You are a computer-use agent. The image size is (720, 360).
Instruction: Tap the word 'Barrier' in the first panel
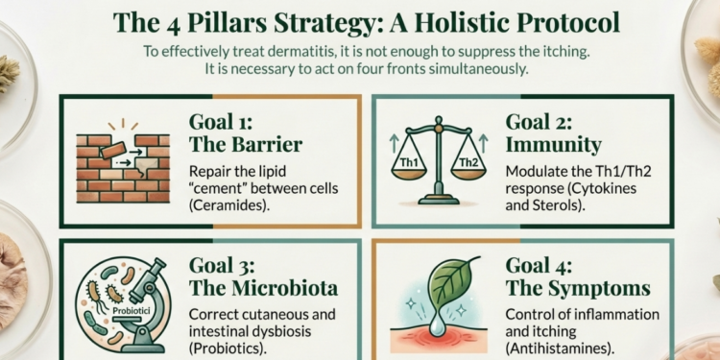point(264,146)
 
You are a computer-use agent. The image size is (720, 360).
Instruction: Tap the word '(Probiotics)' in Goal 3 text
point(229,350)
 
